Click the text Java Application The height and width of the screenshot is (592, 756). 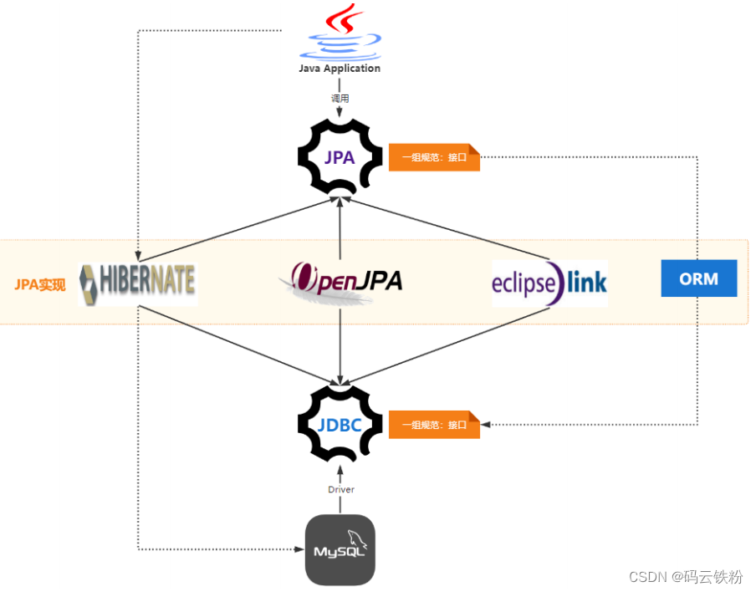340,69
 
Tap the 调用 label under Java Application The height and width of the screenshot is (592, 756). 340,98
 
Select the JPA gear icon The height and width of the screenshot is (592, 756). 340,156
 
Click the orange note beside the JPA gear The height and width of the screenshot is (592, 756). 434,157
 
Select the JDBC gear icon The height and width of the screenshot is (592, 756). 340,425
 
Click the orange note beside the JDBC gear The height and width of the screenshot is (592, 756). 434,425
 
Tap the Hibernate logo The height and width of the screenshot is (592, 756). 138,283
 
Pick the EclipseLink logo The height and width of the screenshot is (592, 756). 549,283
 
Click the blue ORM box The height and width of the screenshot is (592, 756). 698,278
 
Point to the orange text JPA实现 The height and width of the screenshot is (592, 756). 39,284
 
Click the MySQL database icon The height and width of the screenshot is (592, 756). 340,550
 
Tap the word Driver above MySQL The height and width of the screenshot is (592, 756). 340,489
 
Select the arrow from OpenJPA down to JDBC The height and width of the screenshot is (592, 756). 340,343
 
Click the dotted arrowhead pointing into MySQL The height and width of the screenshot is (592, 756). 299,549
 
